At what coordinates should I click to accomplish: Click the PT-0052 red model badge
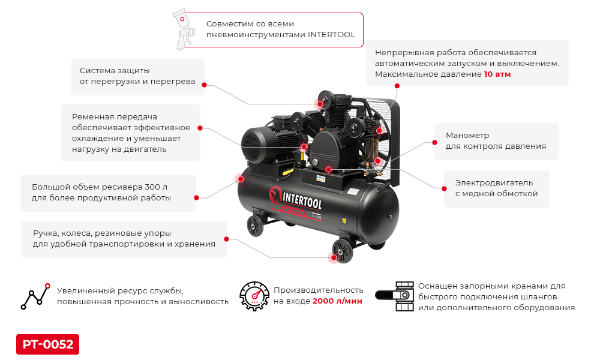coord(47,344)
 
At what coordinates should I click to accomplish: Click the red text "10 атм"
coord(497,74)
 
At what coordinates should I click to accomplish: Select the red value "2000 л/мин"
coord(337,301)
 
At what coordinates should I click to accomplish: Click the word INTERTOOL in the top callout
coord(331,35)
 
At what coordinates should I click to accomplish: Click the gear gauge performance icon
coord(254,295)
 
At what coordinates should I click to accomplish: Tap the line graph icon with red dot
coord(35,295)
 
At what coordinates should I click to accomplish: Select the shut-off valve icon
coord(394,295)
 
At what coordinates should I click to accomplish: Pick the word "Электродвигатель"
coord(493,182)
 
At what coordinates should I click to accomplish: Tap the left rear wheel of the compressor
coord(255,226)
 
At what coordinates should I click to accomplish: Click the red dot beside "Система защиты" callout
coord(204,85)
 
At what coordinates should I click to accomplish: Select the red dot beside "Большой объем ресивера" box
coord(196,197)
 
